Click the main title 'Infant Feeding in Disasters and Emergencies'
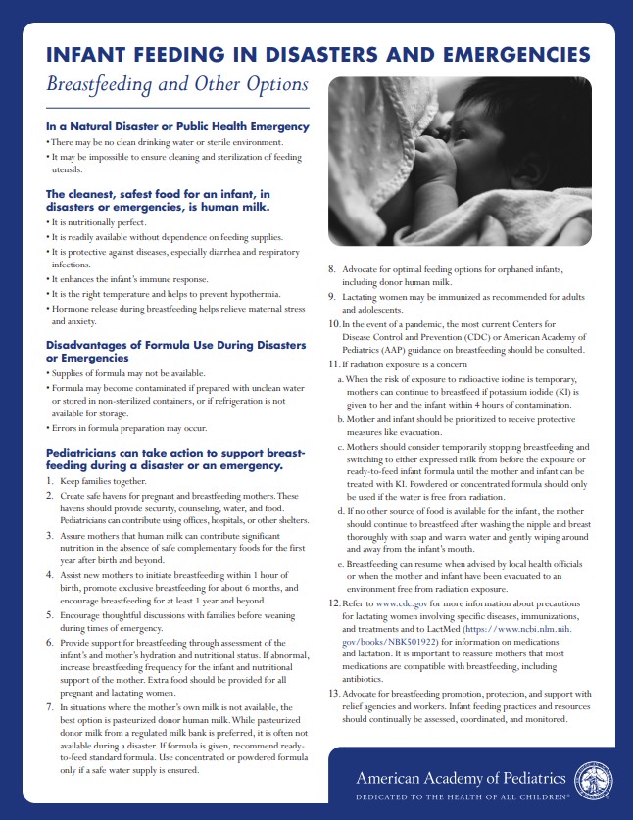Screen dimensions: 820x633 (x=317, y=53)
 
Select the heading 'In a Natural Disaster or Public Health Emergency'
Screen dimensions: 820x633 (x=177, y=126)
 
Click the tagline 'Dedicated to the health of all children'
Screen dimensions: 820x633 (x=463, y=798)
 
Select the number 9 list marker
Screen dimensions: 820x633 (x=332, y=295)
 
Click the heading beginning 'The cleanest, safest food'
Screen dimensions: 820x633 (x=158, y=201)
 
